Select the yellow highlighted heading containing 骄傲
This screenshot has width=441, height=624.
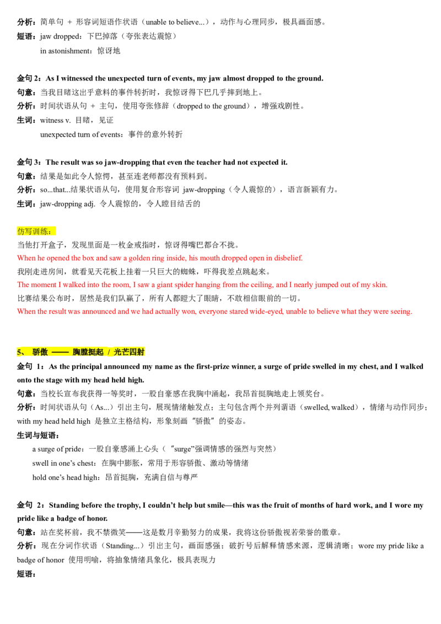(x=81, y=352)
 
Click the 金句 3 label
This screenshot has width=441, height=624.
(x=29, y=162)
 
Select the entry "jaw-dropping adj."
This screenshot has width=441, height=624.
(x=67, y=204)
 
